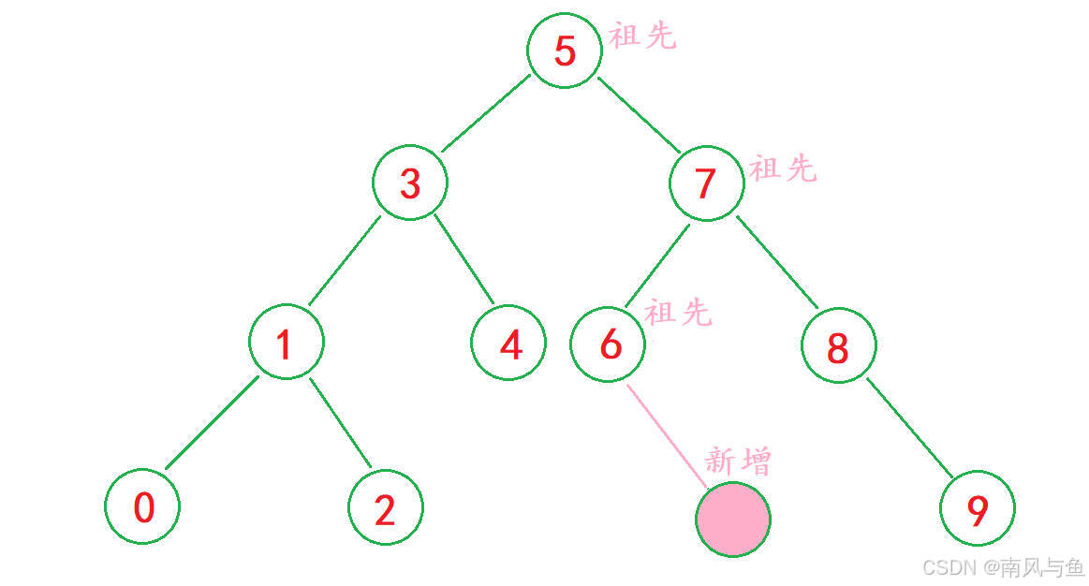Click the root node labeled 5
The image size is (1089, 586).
(x=564, y=51)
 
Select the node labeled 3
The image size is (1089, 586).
(x=410, y=183)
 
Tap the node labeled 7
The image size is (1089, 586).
(x=707, y=183)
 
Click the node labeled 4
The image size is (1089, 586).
(x=509, y=344)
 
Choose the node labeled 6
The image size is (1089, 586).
(x=609, y=344)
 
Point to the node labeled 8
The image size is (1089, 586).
(x=838, y=345)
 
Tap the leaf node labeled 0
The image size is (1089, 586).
(x=142, y=507)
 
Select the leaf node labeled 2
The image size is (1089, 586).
(x=385, y=508)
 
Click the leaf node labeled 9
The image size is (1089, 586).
(x=977, y=509)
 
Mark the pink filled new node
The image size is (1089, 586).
(x=733, y=519)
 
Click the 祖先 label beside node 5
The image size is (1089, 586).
(x=642, y=37)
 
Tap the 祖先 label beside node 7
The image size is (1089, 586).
(x=783, y=169)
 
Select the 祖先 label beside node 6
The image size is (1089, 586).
(x=678, y=313)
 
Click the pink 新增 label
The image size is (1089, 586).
(x=738, y=461)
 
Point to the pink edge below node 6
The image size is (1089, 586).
(x=666, y=435)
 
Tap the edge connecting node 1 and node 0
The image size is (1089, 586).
(x=212, y=423)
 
